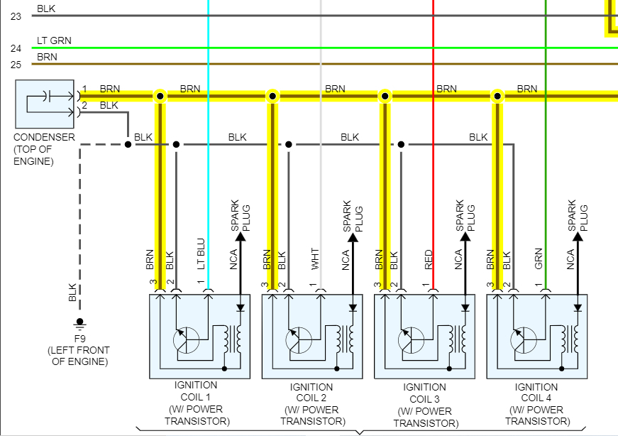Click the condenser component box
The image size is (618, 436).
click(x=45, y=104)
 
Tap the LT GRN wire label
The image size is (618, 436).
click(x=54, y=40)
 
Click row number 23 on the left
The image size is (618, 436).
click(x=16, y=16)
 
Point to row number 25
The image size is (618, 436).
click(x=16, y=65)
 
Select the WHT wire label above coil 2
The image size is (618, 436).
click(x=314, y=259)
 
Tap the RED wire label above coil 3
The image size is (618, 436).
click(x=428, y=259)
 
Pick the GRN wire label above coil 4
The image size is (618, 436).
click(x=539, y=259)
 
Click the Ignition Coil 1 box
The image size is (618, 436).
click(x=199, y=337)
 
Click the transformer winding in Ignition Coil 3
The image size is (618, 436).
click(x=463, y=340)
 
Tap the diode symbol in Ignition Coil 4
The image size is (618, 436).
click(x=578, y=308)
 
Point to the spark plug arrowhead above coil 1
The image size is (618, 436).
click(x=240, y=238)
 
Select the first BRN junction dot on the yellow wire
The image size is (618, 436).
click(x=160, y=96)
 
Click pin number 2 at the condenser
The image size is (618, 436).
click(x=84, y=106)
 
